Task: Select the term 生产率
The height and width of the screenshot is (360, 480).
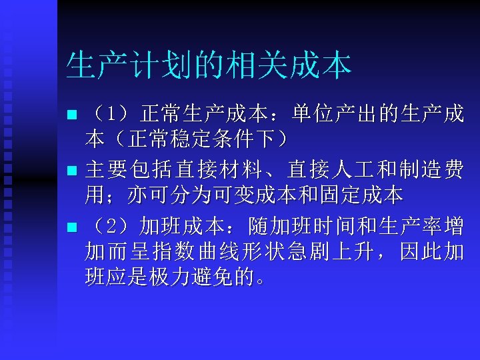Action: point(414,225)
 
